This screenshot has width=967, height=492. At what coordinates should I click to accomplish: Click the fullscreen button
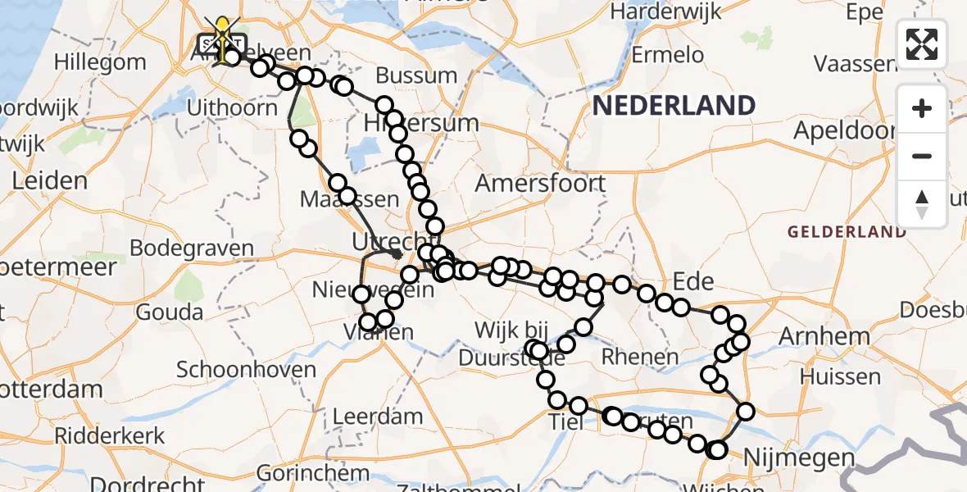point(922,44)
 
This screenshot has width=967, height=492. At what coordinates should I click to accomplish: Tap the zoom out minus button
point(922,156)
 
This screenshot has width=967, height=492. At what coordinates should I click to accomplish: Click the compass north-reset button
point(922,204)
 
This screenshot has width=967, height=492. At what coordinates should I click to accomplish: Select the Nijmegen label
point(788,458)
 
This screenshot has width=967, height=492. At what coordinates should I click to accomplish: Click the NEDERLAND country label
point(674,106)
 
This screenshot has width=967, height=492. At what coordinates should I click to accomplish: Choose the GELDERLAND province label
point(847,232)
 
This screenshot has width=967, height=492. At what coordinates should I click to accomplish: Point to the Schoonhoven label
point(246,369)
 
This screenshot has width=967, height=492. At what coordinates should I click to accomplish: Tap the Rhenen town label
point(639,357)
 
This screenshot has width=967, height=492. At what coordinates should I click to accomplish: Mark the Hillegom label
point(99,61)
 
